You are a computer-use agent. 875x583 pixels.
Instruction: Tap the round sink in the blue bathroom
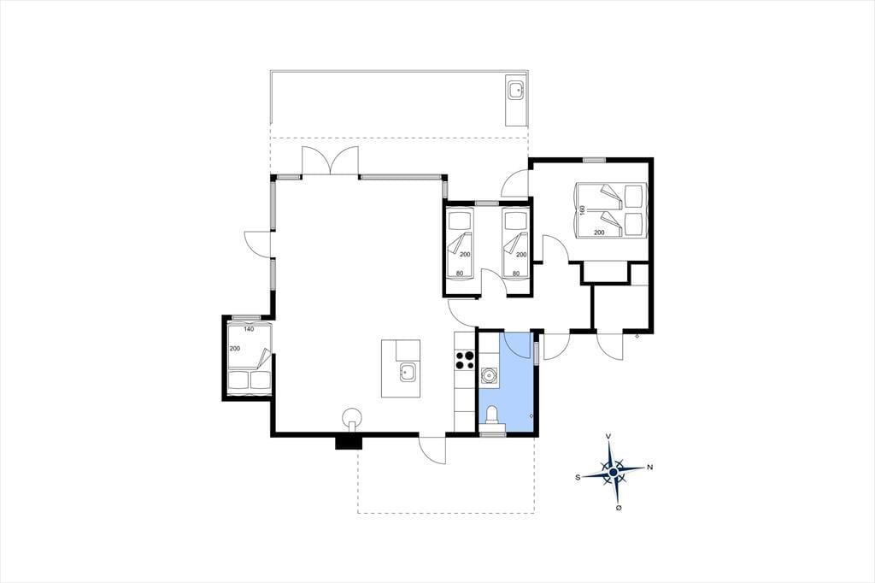tap(489, 375)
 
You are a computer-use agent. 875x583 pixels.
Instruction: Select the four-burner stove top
tap(465, 360)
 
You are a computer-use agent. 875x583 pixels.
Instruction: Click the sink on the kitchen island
tap(408, 372)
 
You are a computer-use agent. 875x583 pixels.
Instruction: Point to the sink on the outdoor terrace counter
tap(516, 90)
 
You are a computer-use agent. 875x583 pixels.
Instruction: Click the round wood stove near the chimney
tap(351, 417)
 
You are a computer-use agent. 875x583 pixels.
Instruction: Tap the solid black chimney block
tap(349, 442)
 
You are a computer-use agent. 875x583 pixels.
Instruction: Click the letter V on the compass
tap(608, 436)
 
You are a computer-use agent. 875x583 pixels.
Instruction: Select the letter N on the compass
tap(649, 468)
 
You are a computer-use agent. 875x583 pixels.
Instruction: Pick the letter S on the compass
tap(578, 477)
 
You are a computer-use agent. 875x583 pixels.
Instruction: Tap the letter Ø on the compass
tap(619, 508)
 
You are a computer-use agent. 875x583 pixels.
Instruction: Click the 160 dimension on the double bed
tap(583, 210)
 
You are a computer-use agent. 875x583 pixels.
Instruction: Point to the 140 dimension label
tap(249, 329)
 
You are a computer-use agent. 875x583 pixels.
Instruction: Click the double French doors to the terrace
tap(329, 161)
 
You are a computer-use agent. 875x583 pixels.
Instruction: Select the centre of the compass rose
tap(614, 473)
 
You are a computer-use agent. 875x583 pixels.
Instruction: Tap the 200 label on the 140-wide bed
tap(235, 349)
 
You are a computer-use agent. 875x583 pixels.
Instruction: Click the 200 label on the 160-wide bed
tap(599, 233)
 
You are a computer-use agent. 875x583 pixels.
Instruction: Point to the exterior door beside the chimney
tap(432, 449)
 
